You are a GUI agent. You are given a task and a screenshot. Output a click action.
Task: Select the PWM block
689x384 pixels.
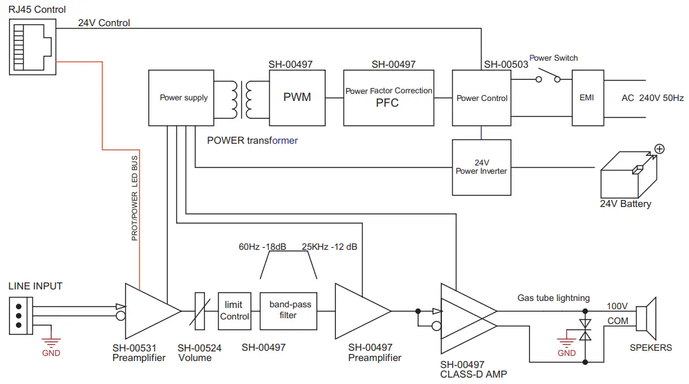click(x=297, y=98)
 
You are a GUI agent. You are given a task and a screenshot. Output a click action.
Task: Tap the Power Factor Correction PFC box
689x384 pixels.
click(x=389, y=98)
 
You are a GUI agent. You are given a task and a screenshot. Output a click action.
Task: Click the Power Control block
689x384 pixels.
click(x=481, y=98)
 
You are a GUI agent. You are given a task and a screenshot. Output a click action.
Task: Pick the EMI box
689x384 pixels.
click(x=586, y=98)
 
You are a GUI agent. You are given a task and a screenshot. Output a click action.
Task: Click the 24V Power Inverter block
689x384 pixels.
click(x=481, y=167)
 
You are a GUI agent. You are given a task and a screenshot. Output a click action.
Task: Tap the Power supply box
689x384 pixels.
click(x=183, y=98)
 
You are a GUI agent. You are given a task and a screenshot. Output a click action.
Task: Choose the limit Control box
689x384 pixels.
click(x=234, y=311)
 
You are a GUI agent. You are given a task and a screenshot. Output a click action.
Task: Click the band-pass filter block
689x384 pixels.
click(x=288, y=311)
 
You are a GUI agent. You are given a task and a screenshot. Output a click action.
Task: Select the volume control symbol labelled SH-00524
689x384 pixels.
click(x=199, y=311)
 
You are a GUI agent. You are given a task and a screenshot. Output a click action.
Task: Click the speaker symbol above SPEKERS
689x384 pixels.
click(x=647, y=317)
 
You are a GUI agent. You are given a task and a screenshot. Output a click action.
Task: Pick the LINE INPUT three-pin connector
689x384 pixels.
click(x=20, y=316)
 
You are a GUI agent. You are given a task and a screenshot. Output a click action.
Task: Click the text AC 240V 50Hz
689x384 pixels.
click(x=652, y=98)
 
